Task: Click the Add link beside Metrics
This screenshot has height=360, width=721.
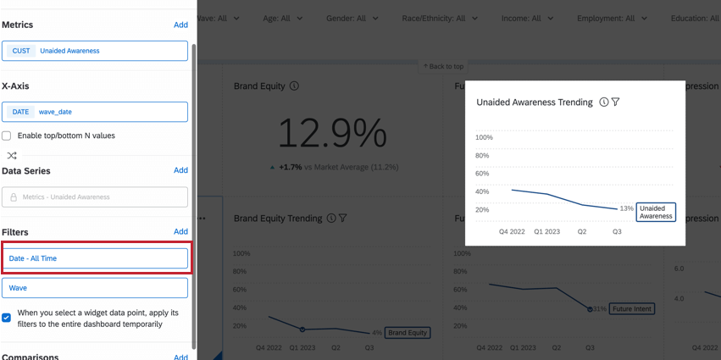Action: click(180, 25)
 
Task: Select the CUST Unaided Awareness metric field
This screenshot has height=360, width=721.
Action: click(95, 51)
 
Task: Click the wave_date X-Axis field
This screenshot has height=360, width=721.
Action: click(95, 112)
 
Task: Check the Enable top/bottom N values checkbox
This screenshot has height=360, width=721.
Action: click(7, 136)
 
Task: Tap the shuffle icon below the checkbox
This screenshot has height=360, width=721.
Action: click(12, 156)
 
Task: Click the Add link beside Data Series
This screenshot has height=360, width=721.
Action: click(180, 170)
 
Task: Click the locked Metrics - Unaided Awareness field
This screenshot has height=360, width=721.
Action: click(95, 197)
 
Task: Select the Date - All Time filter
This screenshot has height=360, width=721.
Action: click(95, 258)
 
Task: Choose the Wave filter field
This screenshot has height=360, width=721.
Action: click(95, 288)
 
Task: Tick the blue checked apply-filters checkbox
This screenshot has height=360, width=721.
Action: click(7, 318)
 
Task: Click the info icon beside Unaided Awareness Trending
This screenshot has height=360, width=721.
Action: click(604, 102)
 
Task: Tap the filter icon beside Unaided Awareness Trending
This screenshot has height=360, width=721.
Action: click(616, 102)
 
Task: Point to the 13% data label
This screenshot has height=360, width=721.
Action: click(626, 208)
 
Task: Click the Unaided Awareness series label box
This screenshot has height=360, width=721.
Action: click(657, 212)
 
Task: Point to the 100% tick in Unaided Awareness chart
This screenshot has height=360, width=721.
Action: click(484, 137)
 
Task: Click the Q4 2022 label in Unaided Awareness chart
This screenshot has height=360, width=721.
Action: click(512, 231)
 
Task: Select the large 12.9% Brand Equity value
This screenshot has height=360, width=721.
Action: click(332, 133)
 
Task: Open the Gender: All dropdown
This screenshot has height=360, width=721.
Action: click(352, 19)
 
